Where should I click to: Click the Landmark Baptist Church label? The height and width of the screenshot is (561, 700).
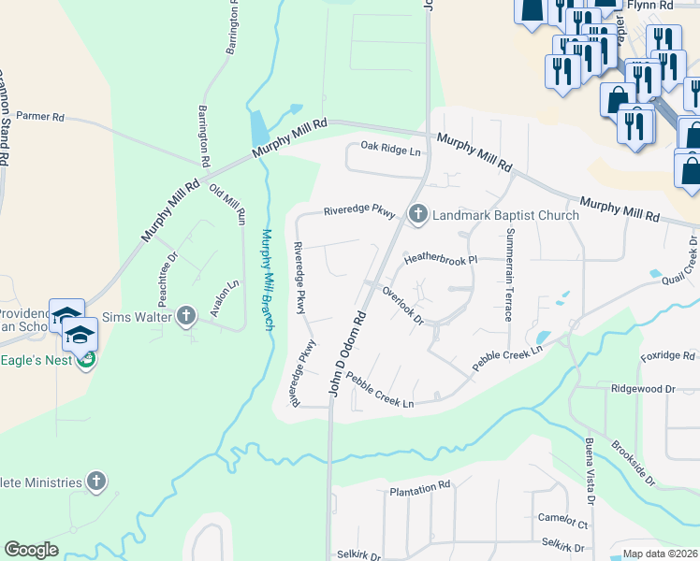click(x=505, y=215)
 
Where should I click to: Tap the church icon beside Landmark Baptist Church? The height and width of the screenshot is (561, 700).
click(x=417, y=215)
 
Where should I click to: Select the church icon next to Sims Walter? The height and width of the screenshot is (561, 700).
click(x=185, y=316)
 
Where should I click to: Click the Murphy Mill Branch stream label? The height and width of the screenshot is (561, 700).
click(x=268, y=280)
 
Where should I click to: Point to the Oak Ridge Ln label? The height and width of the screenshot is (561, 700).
click(x=392, y=148)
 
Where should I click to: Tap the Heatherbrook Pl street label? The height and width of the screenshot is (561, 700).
click(x=441, y=258)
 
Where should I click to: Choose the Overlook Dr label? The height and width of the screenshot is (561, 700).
click(x=404, y=305)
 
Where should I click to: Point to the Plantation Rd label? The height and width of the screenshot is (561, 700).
click(x=420, y=489)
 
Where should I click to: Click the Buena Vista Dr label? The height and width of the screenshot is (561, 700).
click(x=590, y=467)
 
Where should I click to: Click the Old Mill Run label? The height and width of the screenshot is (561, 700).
click(x=227, y=204)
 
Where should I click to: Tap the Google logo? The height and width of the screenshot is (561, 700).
click(x=31, y=550)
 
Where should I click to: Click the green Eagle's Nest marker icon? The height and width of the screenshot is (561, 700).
click(x=86, y=358)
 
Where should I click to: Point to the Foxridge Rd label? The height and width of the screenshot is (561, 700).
click(x=667, y=356)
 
